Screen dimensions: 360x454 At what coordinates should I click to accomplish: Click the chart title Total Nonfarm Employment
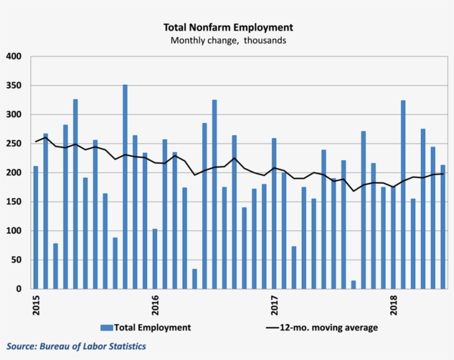tap(228, 27)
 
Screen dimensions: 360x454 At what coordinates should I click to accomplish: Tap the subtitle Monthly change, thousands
tap(228, 40)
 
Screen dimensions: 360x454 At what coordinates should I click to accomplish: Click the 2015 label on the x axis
tap(36, 305)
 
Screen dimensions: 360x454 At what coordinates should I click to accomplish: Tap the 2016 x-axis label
tap(155, 305)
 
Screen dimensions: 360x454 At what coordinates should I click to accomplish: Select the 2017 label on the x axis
tap(274, 305)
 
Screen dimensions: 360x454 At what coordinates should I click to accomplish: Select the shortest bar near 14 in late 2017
tap(353, 285)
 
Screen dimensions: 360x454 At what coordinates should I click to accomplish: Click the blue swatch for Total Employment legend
tap(107, 327)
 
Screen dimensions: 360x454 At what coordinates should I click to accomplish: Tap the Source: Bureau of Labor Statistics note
tap(76, 346)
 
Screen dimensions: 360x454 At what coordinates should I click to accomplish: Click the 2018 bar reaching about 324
tap(403, 194)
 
